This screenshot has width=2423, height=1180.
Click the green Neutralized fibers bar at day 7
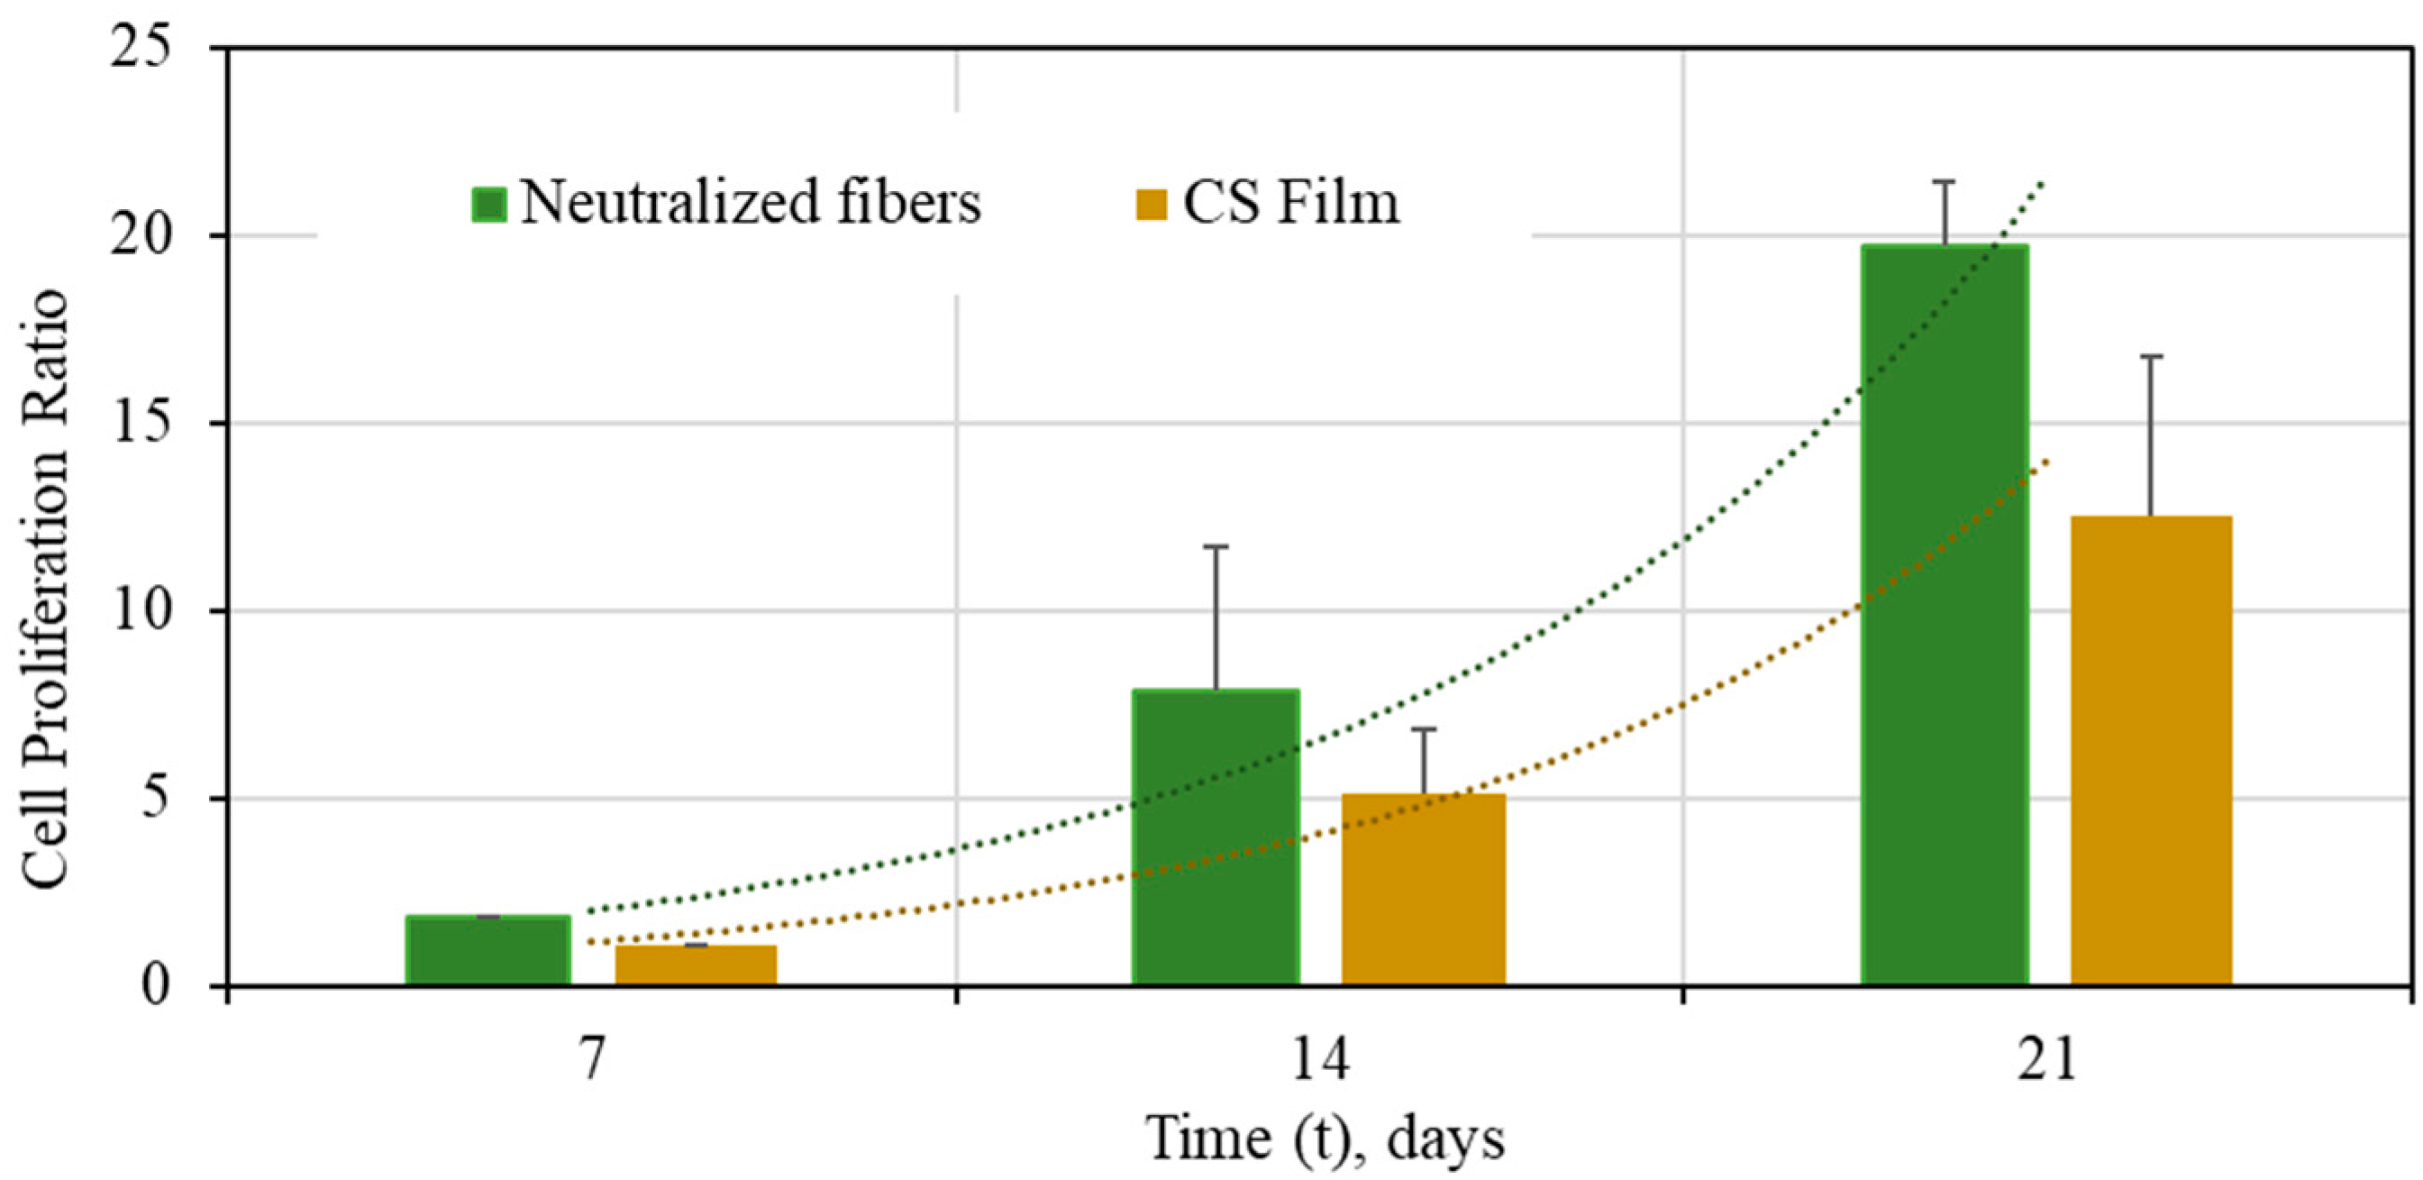point(488,950)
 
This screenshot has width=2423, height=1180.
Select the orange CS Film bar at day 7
point(696,965)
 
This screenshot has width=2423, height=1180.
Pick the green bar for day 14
point(1216,837)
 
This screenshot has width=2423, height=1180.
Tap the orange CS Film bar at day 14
point(1423,890)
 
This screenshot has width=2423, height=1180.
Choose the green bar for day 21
point(1945,616)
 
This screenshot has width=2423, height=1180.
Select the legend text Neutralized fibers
point(751,202)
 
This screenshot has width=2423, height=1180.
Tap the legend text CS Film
point(1291,202)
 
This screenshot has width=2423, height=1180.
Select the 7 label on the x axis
point(592,1060)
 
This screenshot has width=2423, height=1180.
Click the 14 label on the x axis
point(1320,1060)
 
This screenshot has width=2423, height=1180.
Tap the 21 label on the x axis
point(2046,1060)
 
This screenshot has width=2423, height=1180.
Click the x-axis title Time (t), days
point(1325,1139)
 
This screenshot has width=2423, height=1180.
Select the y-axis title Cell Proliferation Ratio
point(45,588)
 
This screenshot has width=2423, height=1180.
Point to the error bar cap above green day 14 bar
point(1216,546)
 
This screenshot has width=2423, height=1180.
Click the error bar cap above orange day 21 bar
point(2151,357)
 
